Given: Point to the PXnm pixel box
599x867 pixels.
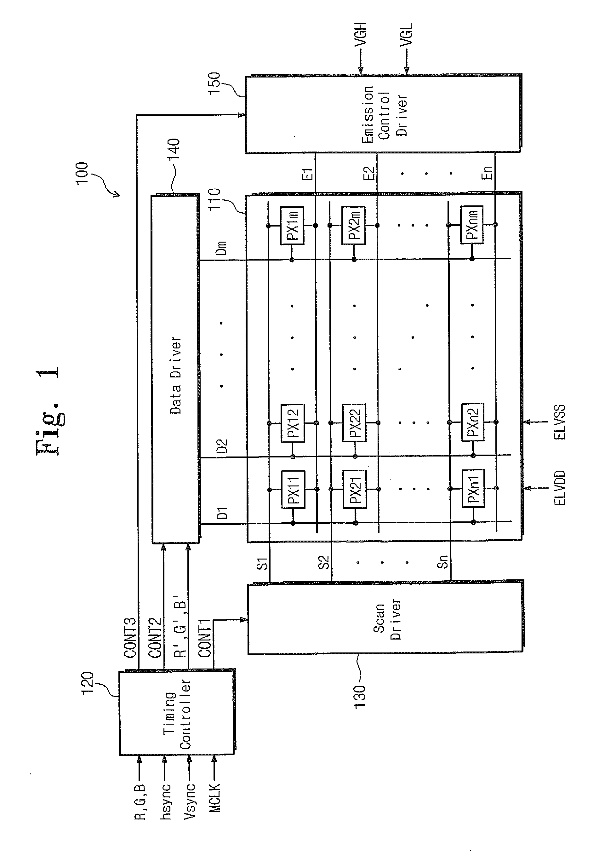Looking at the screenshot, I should pyautogui.click(x=472, y=225).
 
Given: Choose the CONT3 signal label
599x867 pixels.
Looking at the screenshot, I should pyautogui.click(x=130, y=638).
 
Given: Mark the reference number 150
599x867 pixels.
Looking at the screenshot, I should pyautogui.click(x=214, y=83).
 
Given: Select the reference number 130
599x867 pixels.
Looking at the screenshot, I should pyautogui.click(x=360, y=697).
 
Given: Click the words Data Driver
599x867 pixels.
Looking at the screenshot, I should pyautogui.click(x=176, y=376).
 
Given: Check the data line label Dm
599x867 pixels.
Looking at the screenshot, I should pyautogui.click(x=222, y=248).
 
